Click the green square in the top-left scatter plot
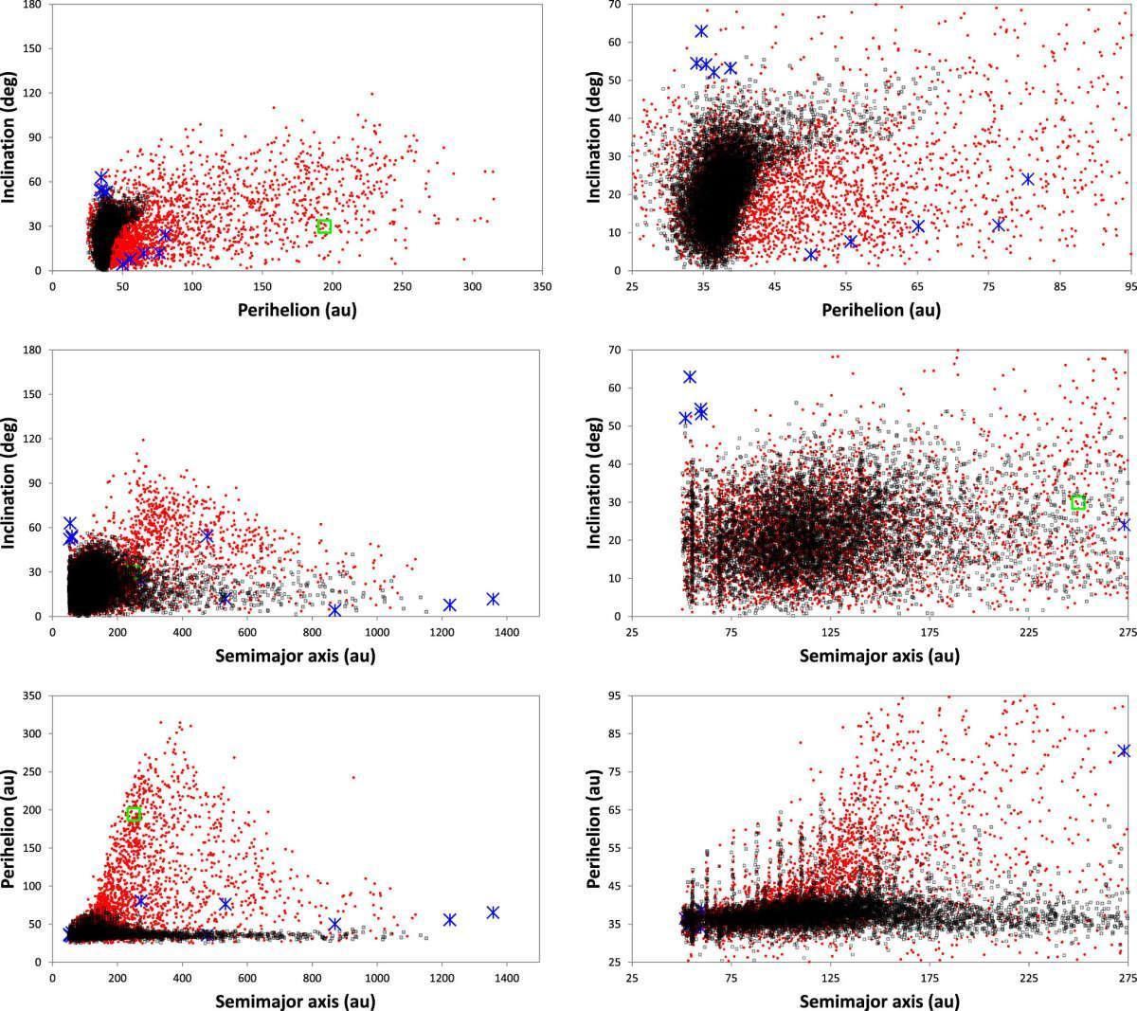click(324, 226)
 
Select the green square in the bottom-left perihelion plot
click(134, 814)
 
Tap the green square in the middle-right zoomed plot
click(1078, 502)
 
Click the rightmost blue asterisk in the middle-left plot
click(493, 599)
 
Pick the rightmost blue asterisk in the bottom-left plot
click(493, 912)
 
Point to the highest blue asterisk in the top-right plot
click(701, 31)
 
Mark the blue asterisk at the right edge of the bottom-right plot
click(1124, 750)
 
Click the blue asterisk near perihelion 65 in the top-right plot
click(918, 226)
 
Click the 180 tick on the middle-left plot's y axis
click(34, 351)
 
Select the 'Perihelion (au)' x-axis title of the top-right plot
click(881, 310)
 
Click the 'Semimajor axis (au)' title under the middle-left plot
click(295, 656)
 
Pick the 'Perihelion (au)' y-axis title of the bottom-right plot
click(594, 829)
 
